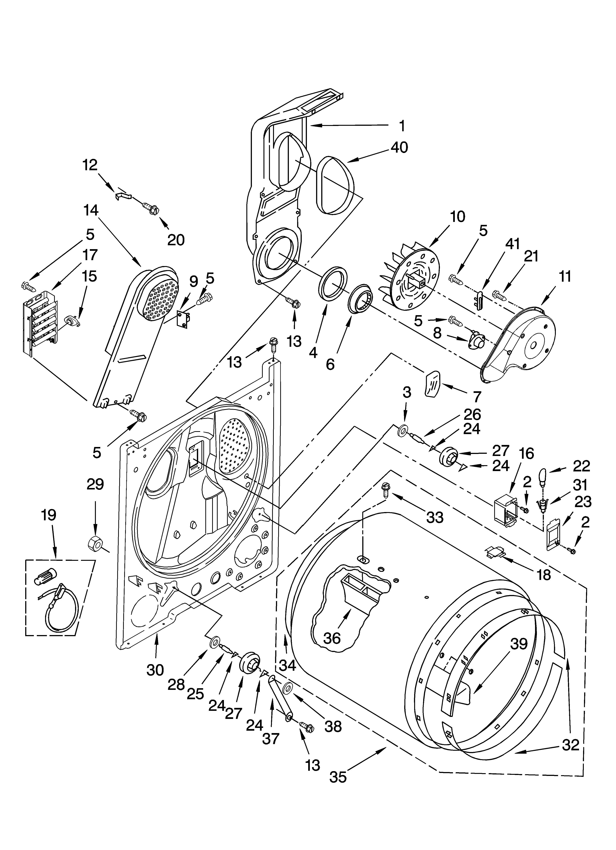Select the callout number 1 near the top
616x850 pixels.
click(x=402, y=126)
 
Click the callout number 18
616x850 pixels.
click(x=544, y=574)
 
